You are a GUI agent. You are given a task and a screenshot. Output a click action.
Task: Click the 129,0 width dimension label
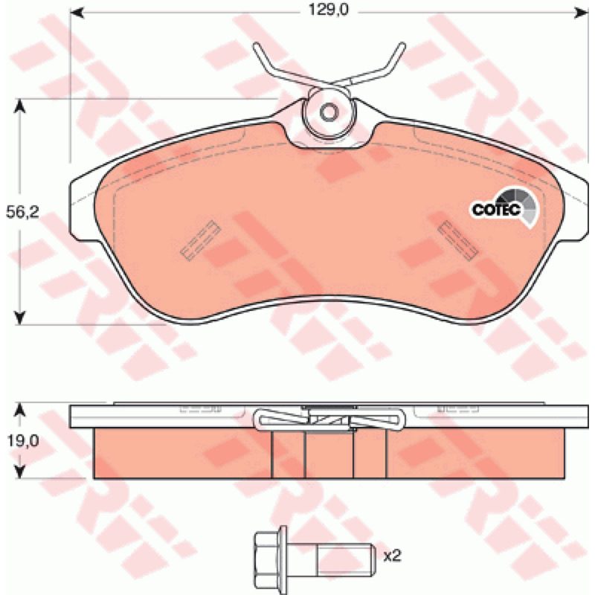pyautogui.click(x=328, y=10)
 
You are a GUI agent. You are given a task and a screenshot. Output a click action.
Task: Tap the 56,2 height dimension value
pyautogui.click(x=22, y=213)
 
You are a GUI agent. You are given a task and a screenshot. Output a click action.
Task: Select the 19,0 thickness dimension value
pyautogui.click(x=22, y=441)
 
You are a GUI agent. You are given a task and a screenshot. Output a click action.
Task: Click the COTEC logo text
pyautogui.click(x=496, y=210)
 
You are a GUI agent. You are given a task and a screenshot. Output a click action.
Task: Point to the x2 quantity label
pyautogui.click(x=392, y=556)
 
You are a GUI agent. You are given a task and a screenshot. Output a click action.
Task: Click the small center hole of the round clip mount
pyautogui.click(x=329, y=112)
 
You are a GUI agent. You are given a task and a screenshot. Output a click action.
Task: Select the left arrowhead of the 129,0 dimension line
pyautogui.click(x=77, y=13)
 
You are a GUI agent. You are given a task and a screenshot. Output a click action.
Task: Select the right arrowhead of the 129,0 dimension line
pyautogui.click(x=581, y=13)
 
